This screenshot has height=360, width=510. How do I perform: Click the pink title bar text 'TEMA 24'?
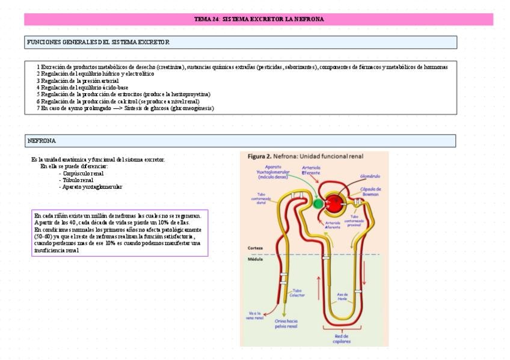[x=206, y=19]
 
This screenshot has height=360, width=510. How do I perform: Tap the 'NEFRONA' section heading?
[x=41, y=141]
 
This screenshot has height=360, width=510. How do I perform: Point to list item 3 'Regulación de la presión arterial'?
[x=78, y=81]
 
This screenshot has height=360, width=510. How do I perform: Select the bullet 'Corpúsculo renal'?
[x=83, y=173]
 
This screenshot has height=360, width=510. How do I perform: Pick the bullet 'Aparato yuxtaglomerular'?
[x=92, y=187]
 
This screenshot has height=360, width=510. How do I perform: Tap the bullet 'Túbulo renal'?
[x=78, y=180]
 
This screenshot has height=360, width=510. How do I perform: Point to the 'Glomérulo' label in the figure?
[x=370, y=176]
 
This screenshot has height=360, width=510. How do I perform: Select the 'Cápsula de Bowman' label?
[x=370, y=192]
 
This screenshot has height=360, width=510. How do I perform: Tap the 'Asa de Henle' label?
[x=343, y=296]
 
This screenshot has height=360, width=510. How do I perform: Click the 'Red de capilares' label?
[x=342, y=338]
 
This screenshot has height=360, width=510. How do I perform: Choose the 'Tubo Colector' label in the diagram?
[x=297, y=293]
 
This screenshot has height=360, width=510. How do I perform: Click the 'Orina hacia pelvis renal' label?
[x=286, y=324]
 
